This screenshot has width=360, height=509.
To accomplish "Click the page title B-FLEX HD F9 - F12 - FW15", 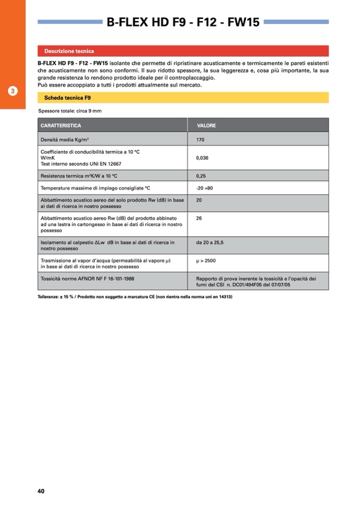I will [x=183, y=22].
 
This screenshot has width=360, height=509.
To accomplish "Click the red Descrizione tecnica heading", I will [x=69, y=51].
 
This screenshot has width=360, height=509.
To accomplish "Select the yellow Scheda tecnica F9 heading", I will [x=67, y=98].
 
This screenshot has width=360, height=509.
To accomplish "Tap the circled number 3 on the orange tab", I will [x=13, y=91].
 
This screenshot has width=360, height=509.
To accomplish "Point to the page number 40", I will [x=41, y=491].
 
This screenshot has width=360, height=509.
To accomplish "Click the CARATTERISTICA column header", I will [x=61, y=126].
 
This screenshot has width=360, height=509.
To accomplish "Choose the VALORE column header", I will [x=207, y=126].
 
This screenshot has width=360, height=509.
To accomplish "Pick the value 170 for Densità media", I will [x=200, y=140].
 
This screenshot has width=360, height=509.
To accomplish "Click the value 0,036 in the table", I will [x=202, y=158].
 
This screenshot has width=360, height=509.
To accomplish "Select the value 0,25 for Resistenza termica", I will [x=201, y=176].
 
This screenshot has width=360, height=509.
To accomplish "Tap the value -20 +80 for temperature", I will [x=204, y=188].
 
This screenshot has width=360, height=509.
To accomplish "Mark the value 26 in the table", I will [x=199, y=218].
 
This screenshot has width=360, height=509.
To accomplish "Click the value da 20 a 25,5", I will [x=210, y=243].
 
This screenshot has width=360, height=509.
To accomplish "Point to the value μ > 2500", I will [x=206, y=261].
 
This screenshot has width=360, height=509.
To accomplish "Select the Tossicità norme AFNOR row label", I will [x=87, y=278].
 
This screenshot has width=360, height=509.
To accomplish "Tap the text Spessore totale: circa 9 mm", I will [x=70, y=111].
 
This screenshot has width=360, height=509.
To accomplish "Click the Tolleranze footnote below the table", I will [x=135, y=297].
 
